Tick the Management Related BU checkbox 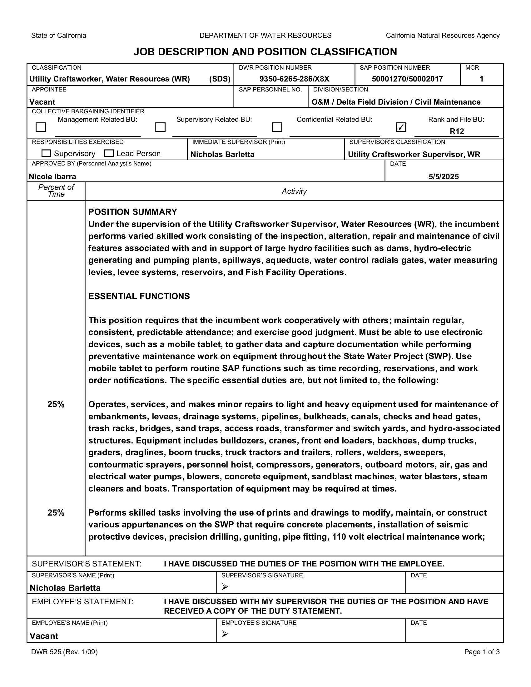[41, 127]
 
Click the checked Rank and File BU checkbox [401, 127]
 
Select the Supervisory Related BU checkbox [161, 127]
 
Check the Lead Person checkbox [109, 153]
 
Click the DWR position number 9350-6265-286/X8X [294, 79]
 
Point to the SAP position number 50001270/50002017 [407, 79]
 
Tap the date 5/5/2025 [444, 176]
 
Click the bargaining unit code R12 [457, 131]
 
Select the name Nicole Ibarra [52, 176]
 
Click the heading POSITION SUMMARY [133, 212]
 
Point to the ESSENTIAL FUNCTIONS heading [139, 296]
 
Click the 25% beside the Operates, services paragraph [56, 404]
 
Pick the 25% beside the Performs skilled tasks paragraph [56, 513]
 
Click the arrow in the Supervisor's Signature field [225, 587]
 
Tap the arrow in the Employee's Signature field [225, 634]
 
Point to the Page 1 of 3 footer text [482, 652]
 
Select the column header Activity [294, 191]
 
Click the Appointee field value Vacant [42, 102]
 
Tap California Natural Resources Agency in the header [443, 36]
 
